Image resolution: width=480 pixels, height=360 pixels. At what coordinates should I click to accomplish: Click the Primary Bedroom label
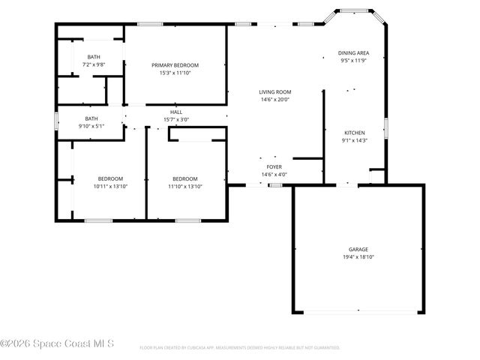175,65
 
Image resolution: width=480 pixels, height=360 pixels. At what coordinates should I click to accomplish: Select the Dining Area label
353,53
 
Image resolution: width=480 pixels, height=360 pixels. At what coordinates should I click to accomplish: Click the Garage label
358,249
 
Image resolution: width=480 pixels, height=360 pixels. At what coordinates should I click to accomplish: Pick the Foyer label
274,167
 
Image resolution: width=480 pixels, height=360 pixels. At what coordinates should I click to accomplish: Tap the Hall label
176,112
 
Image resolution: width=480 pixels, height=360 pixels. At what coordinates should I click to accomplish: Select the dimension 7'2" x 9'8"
94,65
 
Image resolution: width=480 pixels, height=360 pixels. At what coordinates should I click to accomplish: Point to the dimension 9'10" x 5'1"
91,126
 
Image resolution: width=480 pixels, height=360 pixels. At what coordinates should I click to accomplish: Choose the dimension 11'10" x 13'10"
186,186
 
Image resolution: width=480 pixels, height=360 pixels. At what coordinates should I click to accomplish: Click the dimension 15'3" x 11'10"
175,73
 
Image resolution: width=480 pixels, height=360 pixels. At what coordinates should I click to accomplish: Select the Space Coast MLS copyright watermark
57,343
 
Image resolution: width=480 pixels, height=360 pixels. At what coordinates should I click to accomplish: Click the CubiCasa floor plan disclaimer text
240,347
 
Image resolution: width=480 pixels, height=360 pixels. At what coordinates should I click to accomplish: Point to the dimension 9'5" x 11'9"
353,61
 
